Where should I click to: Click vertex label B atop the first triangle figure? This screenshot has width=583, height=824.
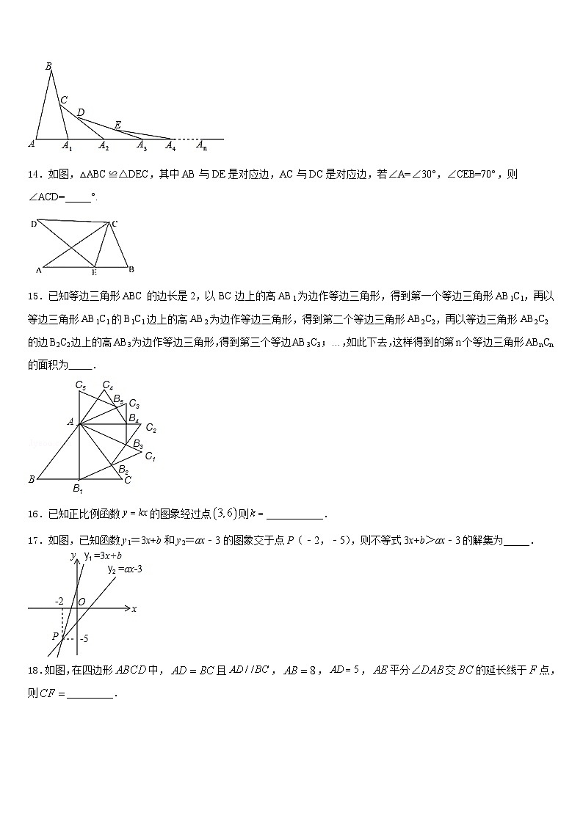48,66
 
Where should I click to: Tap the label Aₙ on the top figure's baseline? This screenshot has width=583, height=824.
201,146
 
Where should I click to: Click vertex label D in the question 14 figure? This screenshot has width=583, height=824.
34,223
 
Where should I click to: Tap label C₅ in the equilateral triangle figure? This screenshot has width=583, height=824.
81,385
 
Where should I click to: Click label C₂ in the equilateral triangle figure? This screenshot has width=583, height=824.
151,429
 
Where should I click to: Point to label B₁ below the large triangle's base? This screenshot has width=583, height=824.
78,489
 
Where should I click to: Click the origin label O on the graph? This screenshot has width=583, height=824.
82,602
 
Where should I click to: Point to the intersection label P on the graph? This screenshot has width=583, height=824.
55,635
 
